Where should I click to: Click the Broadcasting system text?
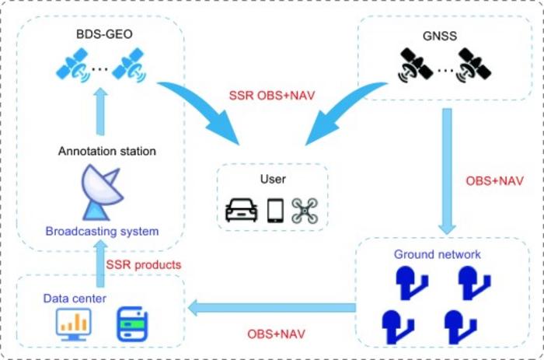click(102, 231)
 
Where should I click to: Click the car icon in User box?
click(241, 211)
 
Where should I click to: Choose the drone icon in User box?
click(305, 211)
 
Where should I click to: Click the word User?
click(273, 180)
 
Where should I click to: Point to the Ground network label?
click(438, 254)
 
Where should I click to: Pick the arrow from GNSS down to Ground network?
click(448, 171)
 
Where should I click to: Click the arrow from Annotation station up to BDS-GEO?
click(99, 114)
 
